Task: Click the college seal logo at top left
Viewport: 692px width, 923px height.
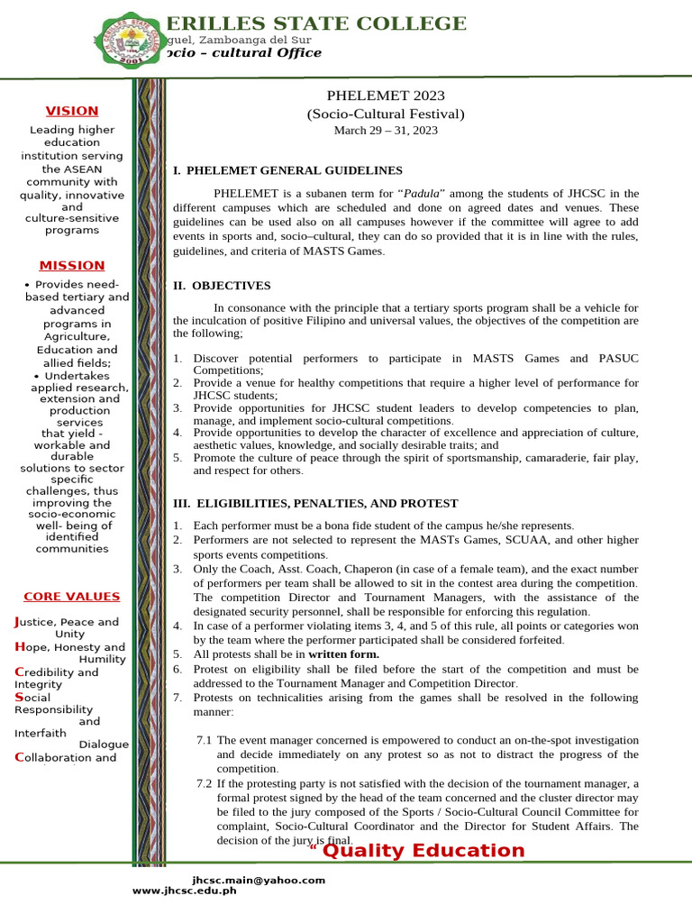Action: [128, 42]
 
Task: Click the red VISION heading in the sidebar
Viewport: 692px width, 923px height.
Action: [72, 111]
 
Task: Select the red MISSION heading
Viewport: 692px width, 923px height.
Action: [72, 266]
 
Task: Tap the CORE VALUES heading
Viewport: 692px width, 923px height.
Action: [71, 597]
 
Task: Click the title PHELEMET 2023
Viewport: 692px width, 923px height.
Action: [386, 96]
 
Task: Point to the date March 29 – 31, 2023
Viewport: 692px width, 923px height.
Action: [386, 131]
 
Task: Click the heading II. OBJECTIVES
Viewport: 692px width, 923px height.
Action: [222, 286]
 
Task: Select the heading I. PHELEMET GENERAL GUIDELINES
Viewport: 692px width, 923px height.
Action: [287, 170]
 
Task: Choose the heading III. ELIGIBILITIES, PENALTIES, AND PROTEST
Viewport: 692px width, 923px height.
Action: [315, 503]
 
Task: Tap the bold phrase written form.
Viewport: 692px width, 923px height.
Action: [344, 653]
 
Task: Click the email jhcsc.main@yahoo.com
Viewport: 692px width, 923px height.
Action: [259, 880]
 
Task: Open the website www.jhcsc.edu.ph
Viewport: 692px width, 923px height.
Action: [185, 891]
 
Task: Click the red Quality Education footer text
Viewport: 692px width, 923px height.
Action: [423, 851]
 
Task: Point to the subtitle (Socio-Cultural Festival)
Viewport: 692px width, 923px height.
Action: [386, 114]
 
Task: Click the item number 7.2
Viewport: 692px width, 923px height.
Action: [205, 783]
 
